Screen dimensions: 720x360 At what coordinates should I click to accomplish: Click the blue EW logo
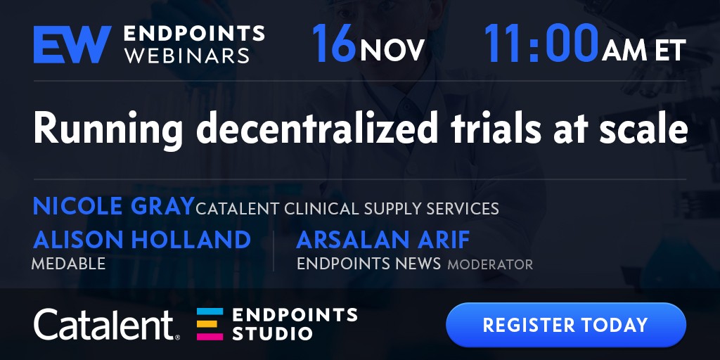[72, 44]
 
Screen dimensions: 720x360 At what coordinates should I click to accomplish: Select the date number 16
[334, 44]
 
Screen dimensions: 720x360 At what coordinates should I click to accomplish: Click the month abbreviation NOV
[392, 51]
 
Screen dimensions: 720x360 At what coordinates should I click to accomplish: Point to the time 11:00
[542, 43]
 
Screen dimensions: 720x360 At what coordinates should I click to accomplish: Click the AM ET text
[644, 51]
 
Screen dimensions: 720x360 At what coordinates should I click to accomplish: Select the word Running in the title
[108, 130]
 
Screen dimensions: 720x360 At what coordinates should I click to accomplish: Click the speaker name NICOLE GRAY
[113, 206]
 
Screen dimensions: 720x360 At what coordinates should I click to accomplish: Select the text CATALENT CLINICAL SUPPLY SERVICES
[347, 208]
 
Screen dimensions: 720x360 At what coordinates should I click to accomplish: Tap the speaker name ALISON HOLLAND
[142, 240]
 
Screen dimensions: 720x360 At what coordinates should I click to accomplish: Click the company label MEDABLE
[68, 264]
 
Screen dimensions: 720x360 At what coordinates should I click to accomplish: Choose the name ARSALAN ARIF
[383, 240]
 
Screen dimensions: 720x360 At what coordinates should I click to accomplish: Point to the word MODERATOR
[490, 264]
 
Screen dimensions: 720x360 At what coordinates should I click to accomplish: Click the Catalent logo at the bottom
[107, 324]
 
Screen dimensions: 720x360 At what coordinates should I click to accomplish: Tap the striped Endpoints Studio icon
[210, 324]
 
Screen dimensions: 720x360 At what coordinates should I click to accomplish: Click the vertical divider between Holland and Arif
[274, 251]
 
